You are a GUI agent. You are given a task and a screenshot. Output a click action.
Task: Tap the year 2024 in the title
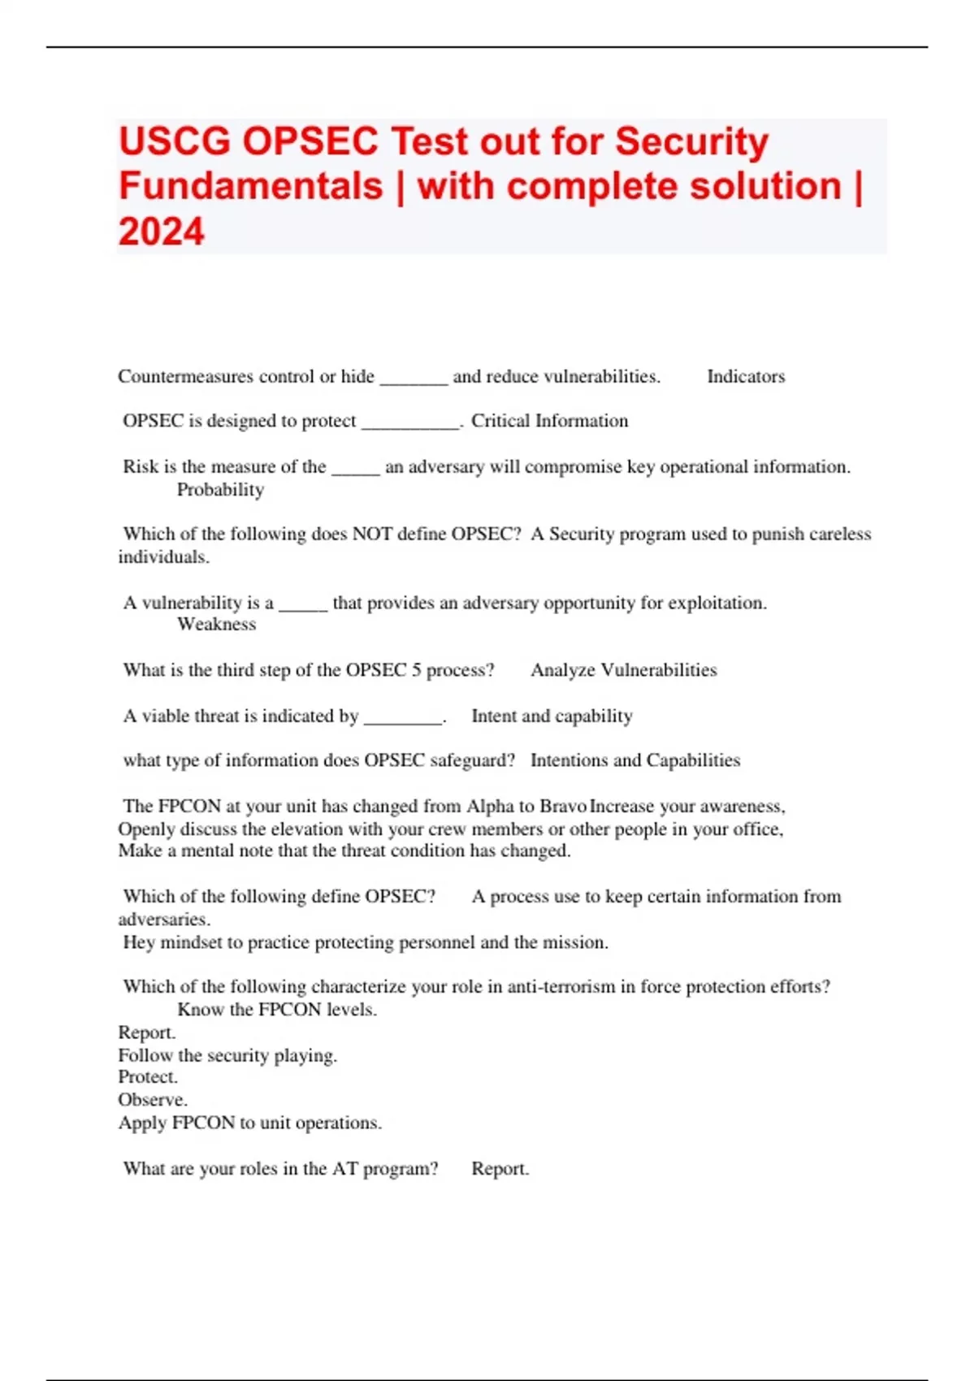coord(161,232)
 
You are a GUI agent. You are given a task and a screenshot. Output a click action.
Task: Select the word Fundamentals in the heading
coord(250,187)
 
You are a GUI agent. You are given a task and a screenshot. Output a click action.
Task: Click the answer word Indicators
coord(746,377)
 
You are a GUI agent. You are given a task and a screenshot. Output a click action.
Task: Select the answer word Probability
coord(220,490)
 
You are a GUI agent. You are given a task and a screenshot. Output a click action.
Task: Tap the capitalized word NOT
coord(370,535)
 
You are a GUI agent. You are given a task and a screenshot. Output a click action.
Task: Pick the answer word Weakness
coord(216,625)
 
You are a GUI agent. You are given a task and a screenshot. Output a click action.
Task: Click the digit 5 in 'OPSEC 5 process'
coord(416,670)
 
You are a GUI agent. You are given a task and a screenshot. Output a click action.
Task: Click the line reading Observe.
coord(153,1100)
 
